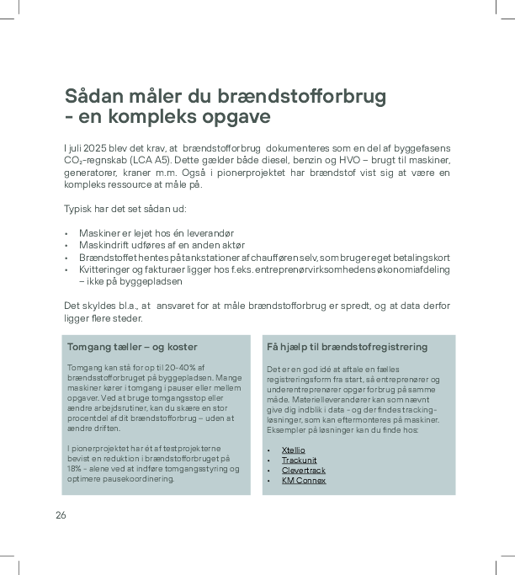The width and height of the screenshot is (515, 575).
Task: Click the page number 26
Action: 61,515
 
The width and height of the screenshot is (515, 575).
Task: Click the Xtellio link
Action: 294,450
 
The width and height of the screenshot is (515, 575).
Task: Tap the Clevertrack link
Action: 303,471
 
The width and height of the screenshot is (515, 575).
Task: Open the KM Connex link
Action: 303,481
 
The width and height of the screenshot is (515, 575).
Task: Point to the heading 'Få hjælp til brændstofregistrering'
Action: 347,347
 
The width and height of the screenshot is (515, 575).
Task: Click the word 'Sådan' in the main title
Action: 95,96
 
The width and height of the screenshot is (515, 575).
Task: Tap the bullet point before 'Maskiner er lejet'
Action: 66,232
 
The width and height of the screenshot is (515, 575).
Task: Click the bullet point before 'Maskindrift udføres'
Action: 66,245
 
